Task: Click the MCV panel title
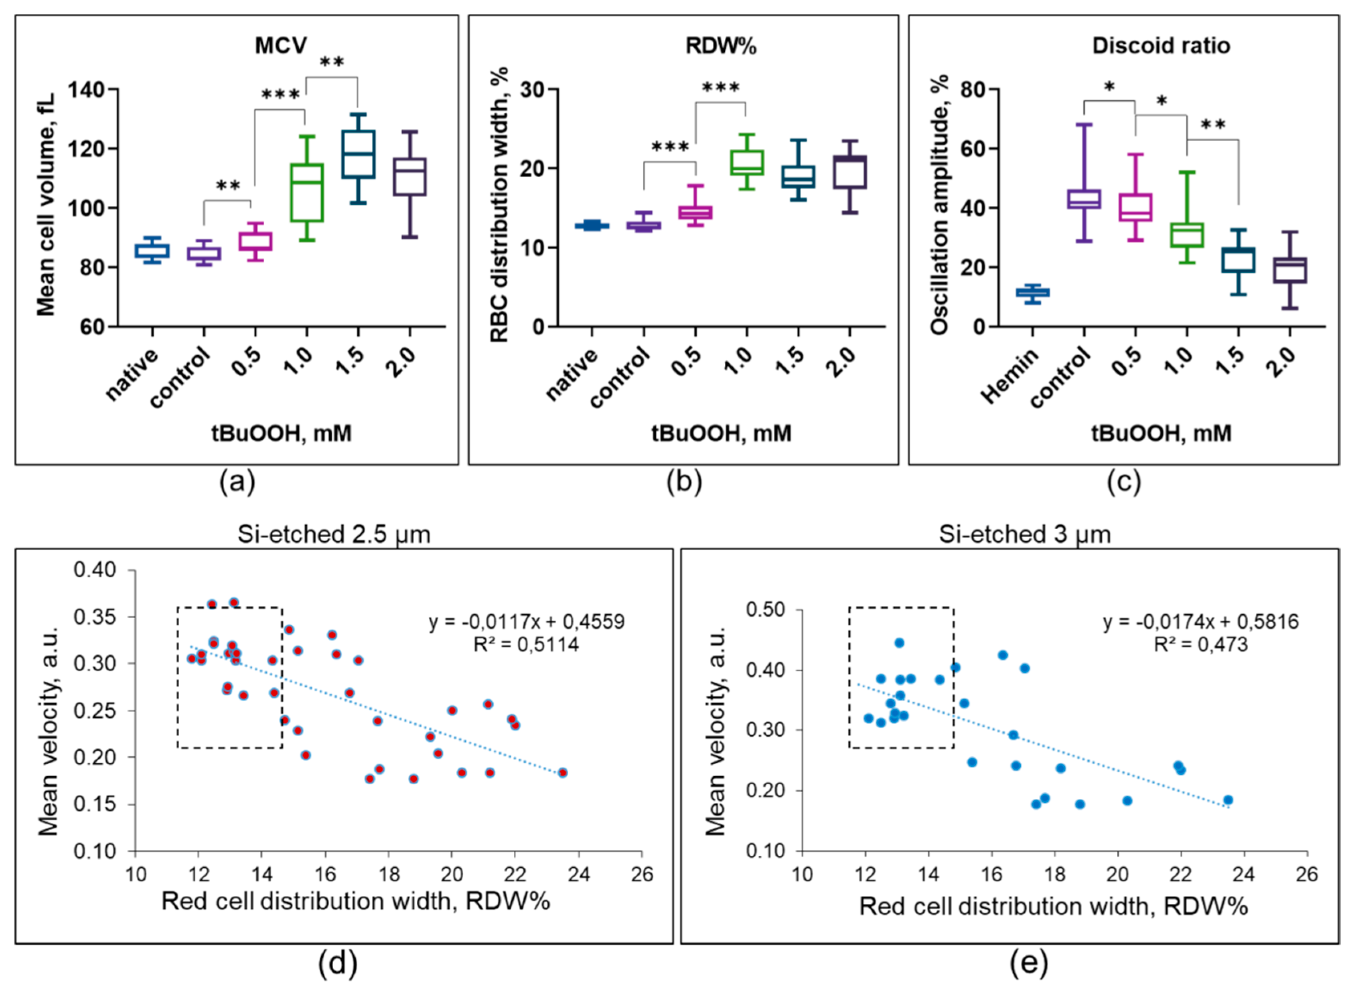[x=281, y=45]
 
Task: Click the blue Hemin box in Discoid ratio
[x=1032, y=293]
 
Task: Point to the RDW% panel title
[x=721, y=45]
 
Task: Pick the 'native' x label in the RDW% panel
[x=572, y=374]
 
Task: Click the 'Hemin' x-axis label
[x=1009, y=376]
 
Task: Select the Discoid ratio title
[x=1161, y=45]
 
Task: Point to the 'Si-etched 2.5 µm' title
[x=334, y=534]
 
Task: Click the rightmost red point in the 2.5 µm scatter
[x=562, y=773]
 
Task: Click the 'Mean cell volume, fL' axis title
[x=46, y=204]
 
